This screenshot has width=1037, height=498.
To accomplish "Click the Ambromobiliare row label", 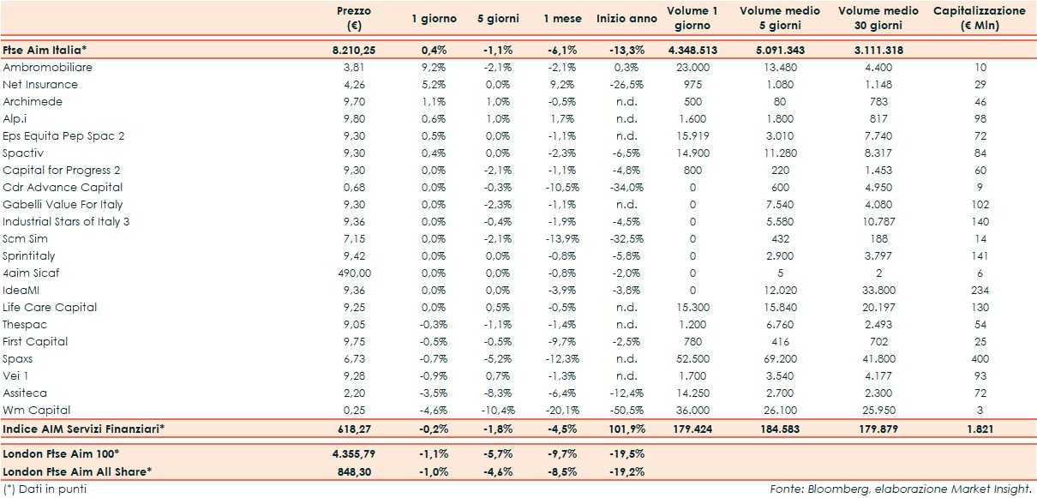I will coord(48,67).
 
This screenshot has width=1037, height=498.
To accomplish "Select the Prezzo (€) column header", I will coord(354,18).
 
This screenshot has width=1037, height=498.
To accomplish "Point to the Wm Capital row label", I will coord(37,410).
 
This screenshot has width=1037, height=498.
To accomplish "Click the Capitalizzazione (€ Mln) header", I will coord(979,18).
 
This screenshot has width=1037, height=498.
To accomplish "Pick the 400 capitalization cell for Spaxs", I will coord(980,358).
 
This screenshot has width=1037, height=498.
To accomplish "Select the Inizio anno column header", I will coord(627,18).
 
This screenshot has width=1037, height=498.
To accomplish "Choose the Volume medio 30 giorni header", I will coord(878,18).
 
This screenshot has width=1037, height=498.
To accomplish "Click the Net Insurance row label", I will coord(40,84).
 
